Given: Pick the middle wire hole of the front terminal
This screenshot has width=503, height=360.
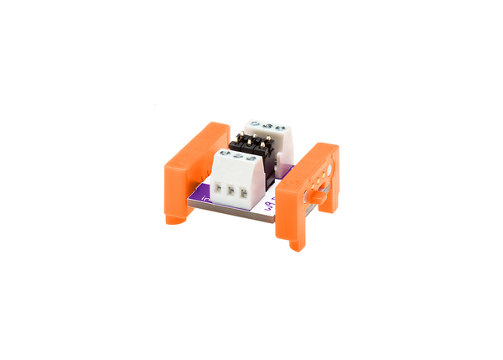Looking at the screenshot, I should [230, 193].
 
